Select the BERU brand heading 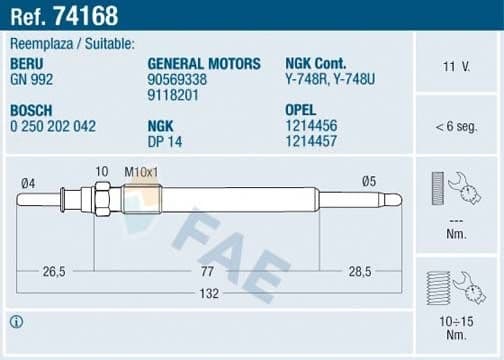point(28,63)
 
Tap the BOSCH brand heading point(33,112)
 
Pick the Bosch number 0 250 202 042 point(52,127)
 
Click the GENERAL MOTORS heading point(203,63)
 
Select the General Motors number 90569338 point(177,77)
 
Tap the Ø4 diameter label point(28,182)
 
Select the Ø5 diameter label point(368,181)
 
